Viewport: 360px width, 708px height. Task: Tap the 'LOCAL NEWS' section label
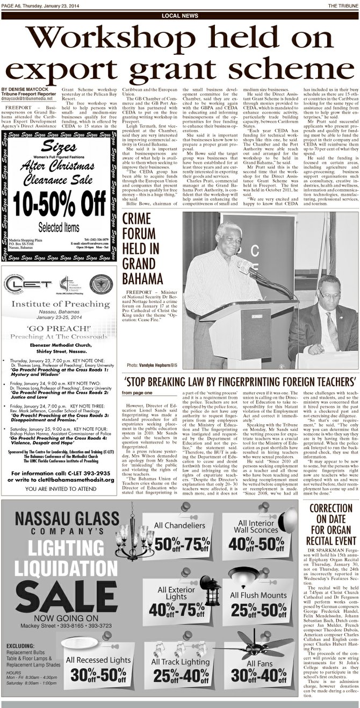(x=179, y=16)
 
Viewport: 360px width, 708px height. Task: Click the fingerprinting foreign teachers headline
(x=240, y=381)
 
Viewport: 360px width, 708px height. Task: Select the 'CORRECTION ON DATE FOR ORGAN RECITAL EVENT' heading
(x=330, y=525)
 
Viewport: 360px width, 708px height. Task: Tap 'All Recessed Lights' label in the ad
(x=98, y=660)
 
